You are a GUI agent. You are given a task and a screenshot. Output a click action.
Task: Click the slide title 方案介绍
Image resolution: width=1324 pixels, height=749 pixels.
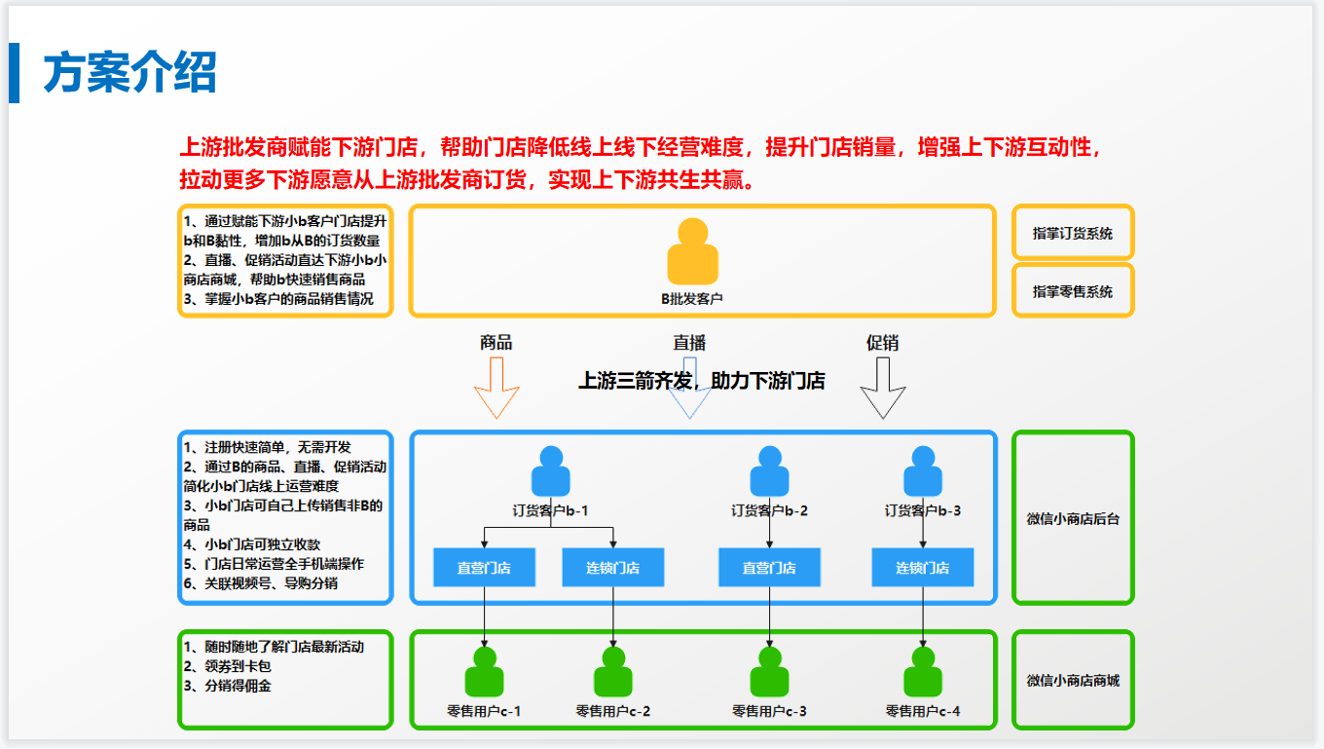[129, 74]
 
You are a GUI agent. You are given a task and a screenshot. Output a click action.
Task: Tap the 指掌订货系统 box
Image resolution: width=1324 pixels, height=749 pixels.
[1073, 234]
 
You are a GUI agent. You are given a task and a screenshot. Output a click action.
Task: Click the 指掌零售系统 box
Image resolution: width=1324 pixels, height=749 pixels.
[1073, 291]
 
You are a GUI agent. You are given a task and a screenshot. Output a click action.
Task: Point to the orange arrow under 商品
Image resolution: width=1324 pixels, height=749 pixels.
[496, 387]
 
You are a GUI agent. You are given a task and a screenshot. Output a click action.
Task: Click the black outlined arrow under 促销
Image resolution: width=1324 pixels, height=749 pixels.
[883, 387]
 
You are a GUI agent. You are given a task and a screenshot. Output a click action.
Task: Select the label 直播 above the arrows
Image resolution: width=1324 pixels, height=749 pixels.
[689, 343]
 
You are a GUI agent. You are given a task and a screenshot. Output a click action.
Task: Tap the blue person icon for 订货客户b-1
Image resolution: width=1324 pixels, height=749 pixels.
[551, 471]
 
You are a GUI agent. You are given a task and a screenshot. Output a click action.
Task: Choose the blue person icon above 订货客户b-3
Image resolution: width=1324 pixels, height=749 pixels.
[923, 471]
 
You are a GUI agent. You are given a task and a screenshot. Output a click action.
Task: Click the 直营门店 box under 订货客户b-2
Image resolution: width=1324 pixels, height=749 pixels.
[769, 568]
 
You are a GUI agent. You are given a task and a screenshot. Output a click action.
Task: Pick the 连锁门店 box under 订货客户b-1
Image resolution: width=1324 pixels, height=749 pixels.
[612, 568]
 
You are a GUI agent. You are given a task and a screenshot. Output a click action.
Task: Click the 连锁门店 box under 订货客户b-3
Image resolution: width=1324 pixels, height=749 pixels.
[922, 568]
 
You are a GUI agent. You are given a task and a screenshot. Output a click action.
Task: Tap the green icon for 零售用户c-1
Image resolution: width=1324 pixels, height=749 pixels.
[484, 673]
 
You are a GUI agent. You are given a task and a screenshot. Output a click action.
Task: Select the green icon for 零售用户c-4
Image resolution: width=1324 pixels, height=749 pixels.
[923, 673]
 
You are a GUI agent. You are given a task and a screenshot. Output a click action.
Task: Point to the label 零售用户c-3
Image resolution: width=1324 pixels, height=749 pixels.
[769, 712]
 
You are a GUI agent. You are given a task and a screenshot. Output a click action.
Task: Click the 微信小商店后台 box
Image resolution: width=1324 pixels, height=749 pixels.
[1073, 519]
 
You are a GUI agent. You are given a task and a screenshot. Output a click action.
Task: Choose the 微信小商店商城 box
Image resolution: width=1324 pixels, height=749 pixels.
[1073, 681]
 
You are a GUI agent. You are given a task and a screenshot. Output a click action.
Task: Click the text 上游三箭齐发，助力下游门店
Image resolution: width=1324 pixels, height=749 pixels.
[702, 381]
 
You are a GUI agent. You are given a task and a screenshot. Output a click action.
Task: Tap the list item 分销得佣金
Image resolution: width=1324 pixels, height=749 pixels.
[238, 686]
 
